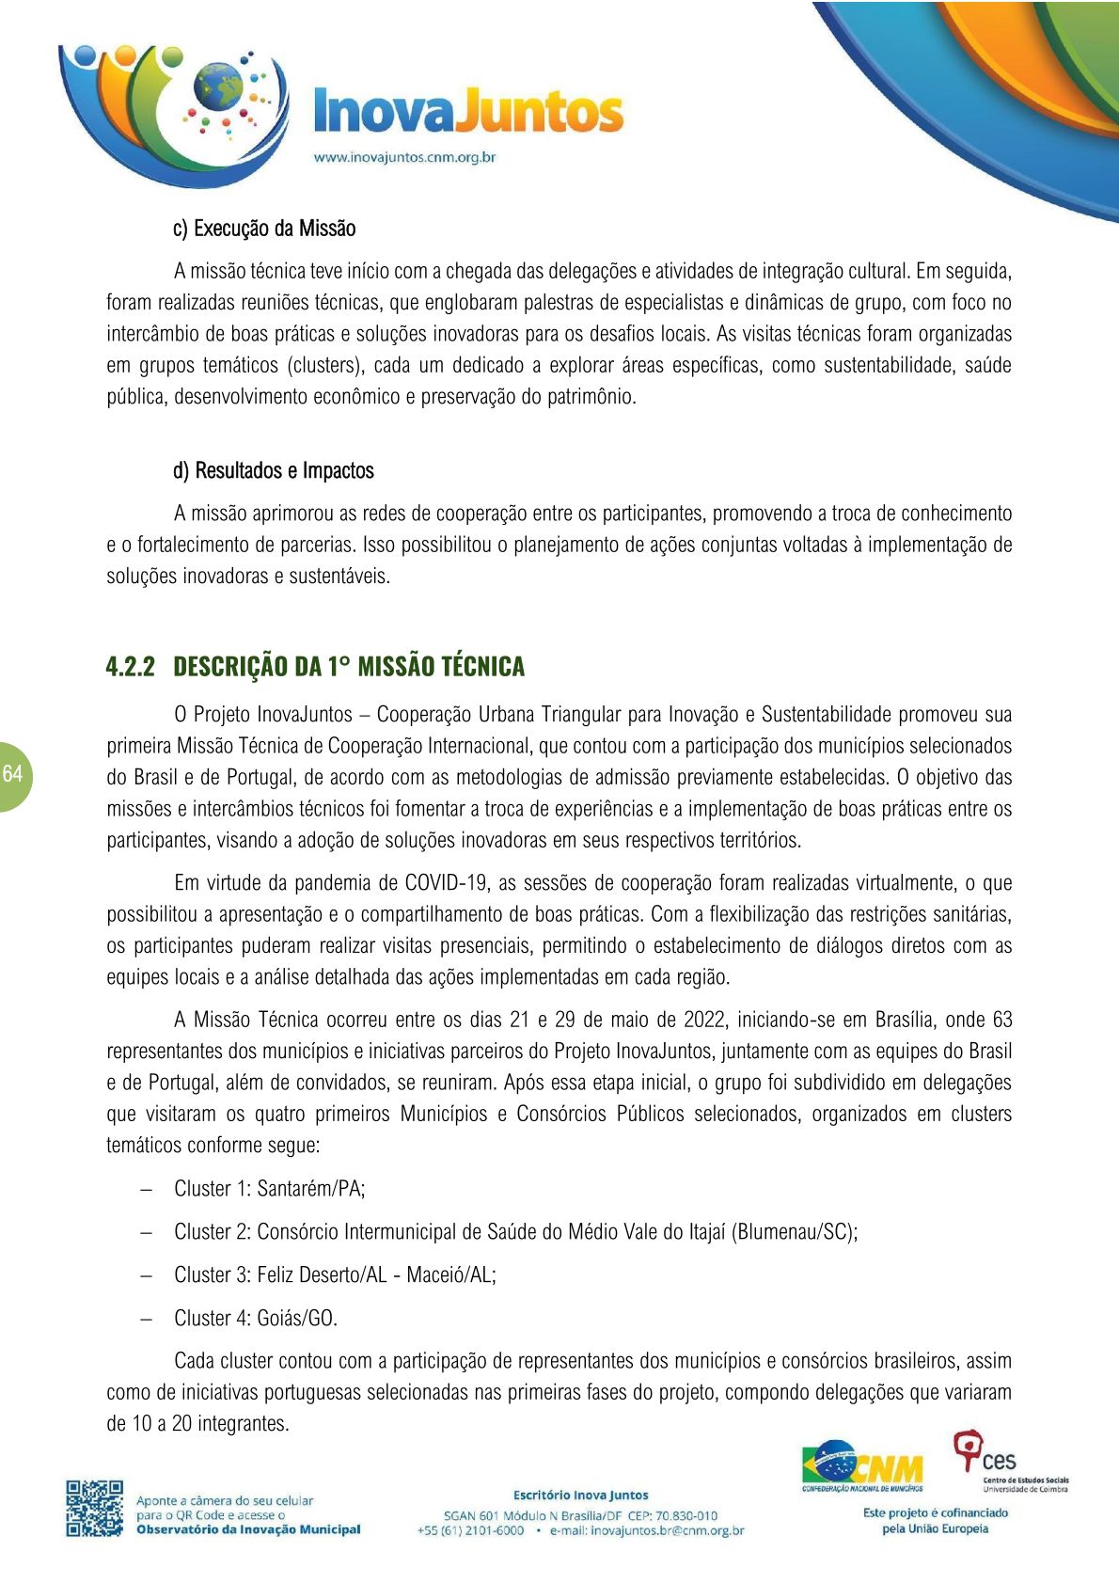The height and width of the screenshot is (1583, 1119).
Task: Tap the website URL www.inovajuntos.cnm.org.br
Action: [404, 157]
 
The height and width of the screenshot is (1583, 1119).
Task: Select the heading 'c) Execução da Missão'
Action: [264, 229]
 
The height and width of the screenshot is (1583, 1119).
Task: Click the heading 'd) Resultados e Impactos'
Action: [273, 470]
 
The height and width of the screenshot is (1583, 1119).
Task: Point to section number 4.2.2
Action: [130, 667]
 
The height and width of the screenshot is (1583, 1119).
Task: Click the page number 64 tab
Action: [13, 774]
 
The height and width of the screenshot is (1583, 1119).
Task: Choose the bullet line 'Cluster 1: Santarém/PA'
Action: [269, 1189]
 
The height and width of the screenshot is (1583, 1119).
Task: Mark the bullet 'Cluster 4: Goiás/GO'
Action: [255, 1319]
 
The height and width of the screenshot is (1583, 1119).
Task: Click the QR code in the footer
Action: [94, 1509]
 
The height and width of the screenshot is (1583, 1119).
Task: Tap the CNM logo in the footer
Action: [862, 1465]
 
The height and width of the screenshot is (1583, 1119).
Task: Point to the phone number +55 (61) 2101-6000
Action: [470, 1530]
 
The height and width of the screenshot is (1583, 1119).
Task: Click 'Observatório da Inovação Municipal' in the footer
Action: [248, 1529]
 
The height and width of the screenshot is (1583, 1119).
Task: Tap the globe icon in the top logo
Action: [218, 88]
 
